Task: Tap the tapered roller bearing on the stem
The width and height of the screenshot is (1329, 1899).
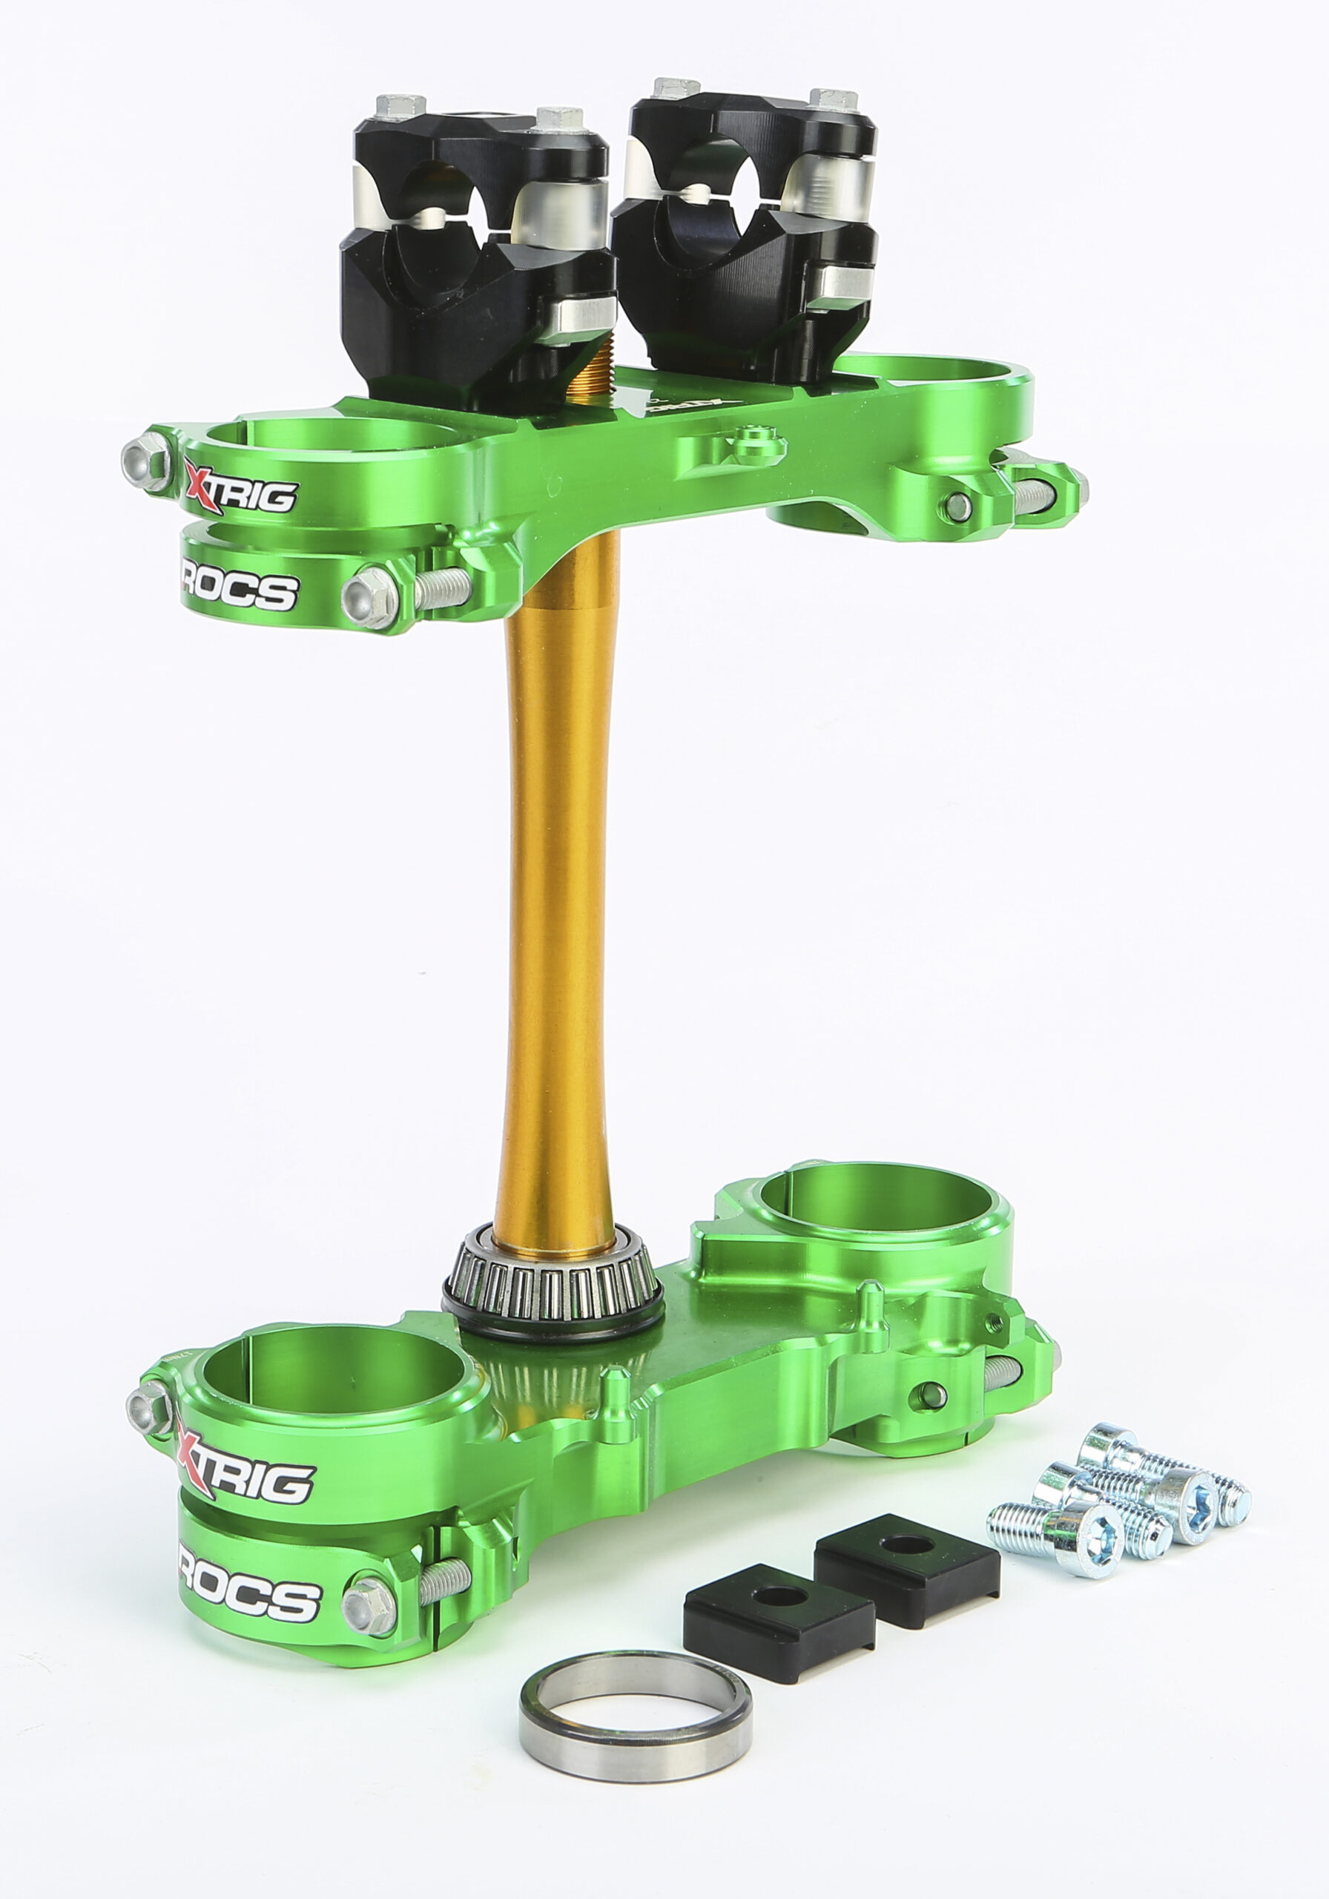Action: click(553, 1279)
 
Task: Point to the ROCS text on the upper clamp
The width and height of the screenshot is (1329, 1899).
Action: click(240, 589)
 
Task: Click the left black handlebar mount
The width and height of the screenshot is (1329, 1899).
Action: click(475, 248)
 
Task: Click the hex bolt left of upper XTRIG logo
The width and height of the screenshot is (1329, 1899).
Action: click(147, 459)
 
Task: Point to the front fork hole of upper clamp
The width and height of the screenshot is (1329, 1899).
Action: click(331, 438)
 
